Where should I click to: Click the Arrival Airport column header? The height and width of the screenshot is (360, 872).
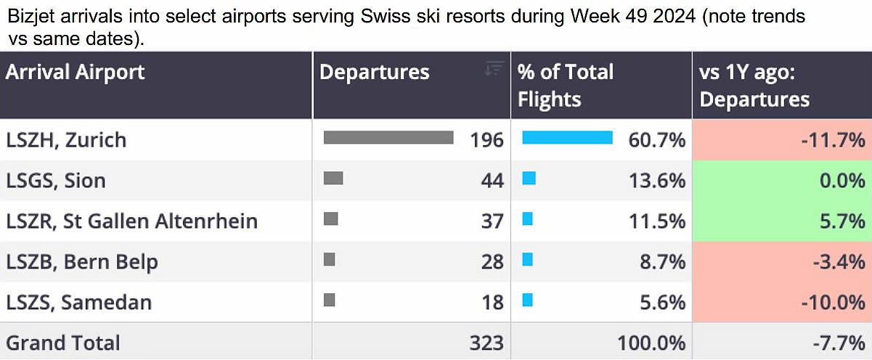[x=76, y=72]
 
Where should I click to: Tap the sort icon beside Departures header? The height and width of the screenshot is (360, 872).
[x=494, y=68]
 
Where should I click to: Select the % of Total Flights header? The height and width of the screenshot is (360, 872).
[x=565, y=85]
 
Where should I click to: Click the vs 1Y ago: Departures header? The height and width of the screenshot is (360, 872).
[x=754, y=85]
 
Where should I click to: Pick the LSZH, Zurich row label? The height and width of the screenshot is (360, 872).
[x=66, y=139]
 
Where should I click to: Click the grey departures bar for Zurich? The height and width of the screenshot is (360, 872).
[x=388, y=138]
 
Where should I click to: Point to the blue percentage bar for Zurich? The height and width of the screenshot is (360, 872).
[x=567, y=138]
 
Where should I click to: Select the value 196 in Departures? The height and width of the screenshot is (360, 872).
[x=486, y=139]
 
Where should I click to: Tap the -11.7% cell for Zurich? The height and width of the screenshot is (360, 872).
[x=833, y=139]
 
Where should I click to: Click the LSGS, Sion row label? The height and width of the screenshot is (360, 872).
[x=56, y=180]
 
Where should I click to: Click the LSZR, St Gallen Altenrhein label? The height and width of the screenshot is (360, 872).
[x=131, y=221]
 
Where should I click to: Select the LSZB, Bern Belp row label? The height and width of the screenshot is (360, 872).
[x=82, y=261]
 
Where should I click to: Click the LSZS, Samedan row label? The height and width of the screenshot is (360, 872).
[x=79, y=302]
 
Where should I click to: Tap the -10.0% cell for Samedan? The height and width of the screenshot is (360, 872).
[x=833, y=302]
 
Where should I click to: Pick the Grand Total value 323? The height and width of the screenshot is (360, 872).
[x=486, y=343]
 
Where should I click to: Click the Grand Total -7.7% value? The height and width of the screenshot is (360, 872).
[x=839, y=343]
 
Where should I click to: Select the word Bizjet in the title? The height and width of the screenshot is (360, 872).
[x=28, y=16]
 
